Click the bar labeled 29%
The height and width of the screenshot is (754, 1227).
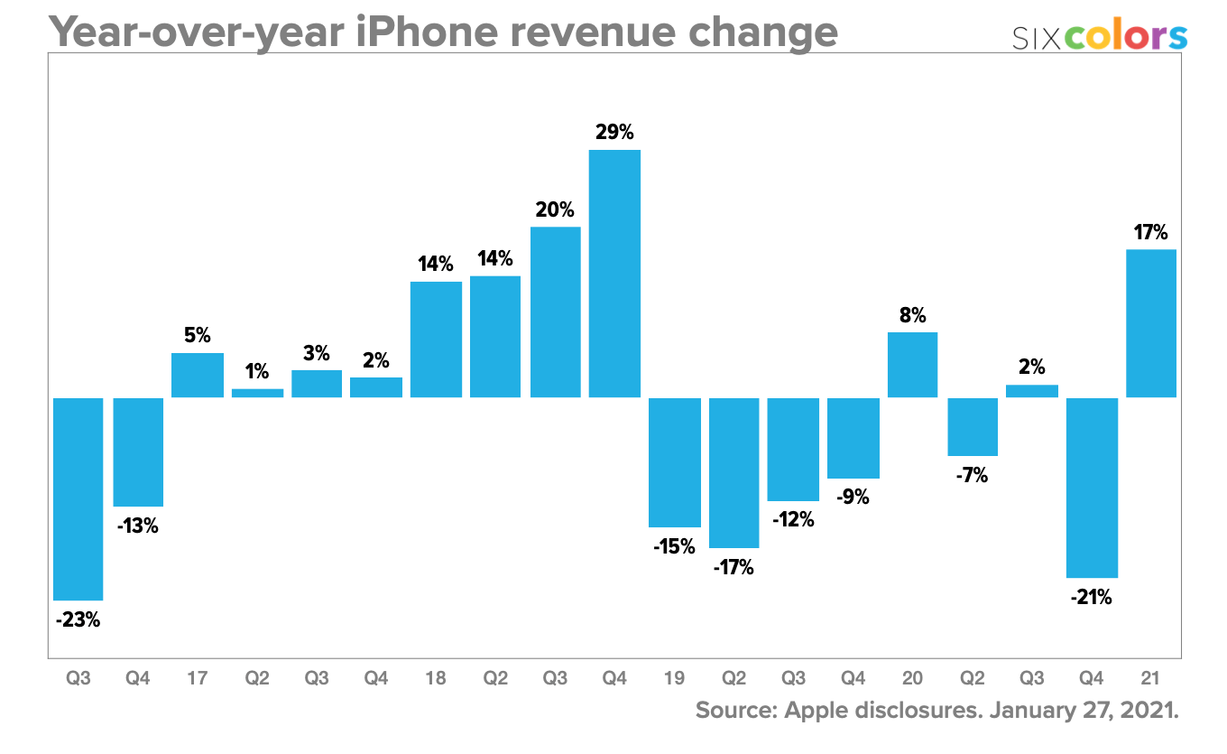614,273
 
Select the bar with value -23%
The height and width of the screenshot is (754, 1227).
78,498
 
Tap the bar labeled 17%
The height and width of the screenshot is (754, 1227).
1151,323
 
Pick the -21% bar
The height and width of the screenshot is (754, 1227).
1092,488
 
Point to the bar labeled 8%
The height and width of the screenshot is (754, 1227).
912,365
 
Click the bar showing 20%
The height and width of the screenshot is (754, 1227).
555,312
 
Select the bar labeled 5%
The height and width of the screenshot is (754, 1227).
198,375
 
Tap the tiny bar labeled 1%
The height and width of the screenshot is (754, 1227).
257,393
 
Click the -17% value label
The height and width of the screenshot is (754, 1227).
733,568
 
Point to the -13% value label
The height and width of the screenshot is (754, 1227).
137,526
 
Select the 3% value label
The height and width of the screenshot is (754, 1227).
316,353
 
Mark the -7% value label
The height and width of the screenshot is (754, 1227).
972,475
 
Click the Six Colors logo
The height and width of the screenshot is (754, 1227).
1099,37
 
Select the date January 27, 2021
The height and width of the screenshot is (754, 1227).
1084,710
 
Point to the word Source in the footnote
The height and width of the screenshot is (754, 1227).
732,710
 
